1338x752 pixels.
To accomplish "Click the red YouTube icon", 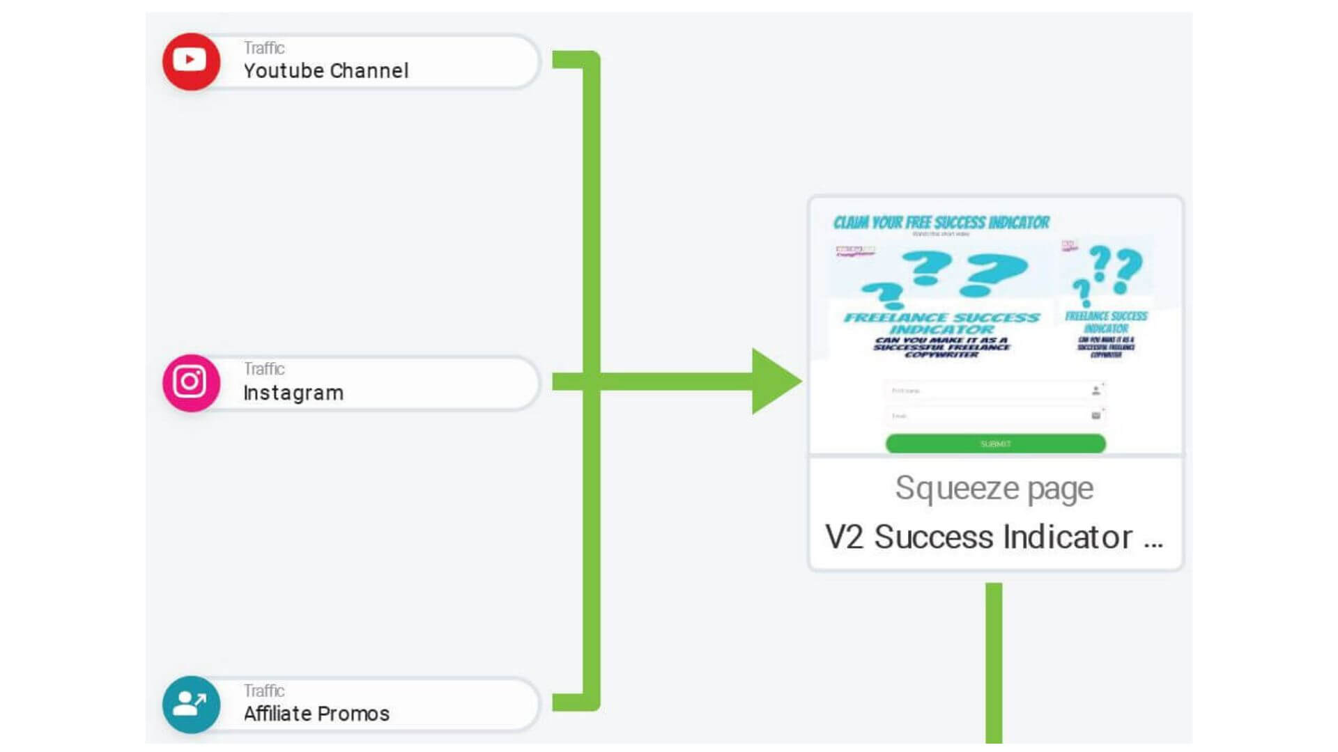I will pos(191,61).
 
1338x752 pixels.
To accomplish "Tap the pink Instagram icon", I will pos(191,383).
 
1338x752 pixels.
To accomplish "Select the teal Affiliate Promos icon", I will pos(191,704).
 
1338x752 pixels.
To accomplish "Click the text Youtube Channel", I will pos(325,71).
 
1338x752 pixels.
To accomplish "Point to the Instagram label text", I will pos(293,393).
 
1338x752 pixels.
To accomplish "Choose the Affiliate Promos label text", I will pos(316,714).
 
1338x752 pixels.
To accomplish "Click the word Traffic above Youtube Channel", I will pos(263,48).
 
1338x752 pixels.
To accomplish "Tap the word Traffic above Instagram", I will pos(263,369).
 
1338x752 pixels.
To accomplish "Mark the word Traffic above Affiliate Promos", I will pos(263,691).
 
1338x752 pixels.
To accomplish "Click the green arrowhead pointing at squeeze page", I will pos(774,382).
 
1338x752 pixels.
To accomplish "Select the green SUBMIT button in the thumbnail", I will pos(995,444).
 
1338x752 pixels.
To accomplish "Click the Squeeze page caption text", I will pos(994,488).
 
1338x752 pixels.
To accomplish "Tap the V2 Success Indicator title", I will pos(978,537).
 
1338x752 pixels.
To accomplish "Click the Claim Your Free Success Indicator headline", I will pos(941,223).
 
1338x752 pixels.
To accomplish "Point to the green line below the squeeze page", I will pos(994,661).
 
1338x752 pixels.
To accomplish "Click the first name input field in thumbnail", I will pos(990,391).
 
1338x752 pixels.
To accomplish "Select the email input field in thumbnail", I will pos(990,416).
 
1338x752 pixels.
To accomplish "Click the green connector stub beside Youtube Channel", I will pos(568,59).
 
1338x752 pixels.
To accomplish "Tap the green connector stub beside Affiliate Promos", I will pos(568,703).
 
